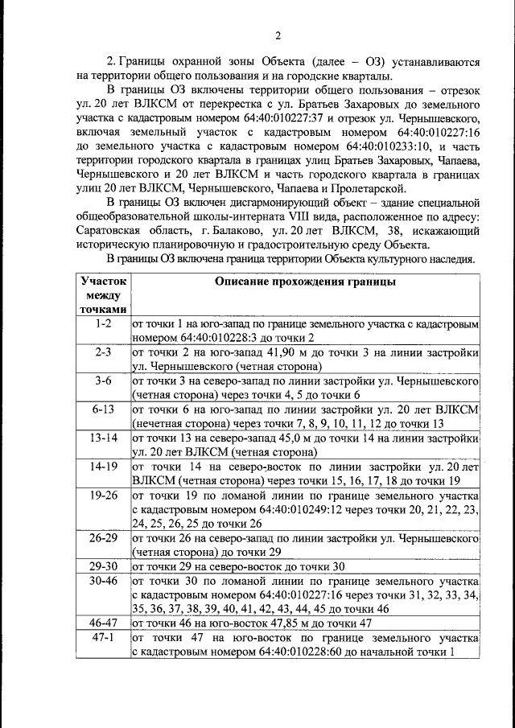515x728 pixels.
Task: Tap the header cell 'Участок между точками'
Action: pyautogui.click(x=102, y=295)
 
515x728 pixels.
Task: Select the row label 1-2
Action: pyautogui.click(x=102, y=323)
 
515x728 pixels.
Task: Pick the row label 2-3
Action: pyautogui.click(x=102, y=352)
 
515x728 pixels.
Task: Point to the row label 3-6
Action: pyautogui.click(x=102, y=381)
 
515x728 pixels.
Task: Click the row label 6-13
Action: pyautogui.click(x=102, y=409)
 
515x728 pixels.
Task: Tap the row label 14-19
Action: pyautogui.click(x=102, y=467)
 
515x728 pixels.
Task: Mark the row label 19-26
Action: pyautogui.click(x=102, y=496)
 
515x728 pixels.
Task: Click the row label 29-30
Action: pyautogui.click(x=102, y=566)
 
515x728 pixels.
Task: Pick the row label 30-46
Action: pyautogui.click(x=102, y=580)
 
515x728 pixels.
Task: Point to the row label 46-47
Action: pyautogui.click(x=102, y=623)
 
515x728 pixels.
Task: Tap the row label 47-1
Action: pyautogui.click(x=102, y=637)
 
